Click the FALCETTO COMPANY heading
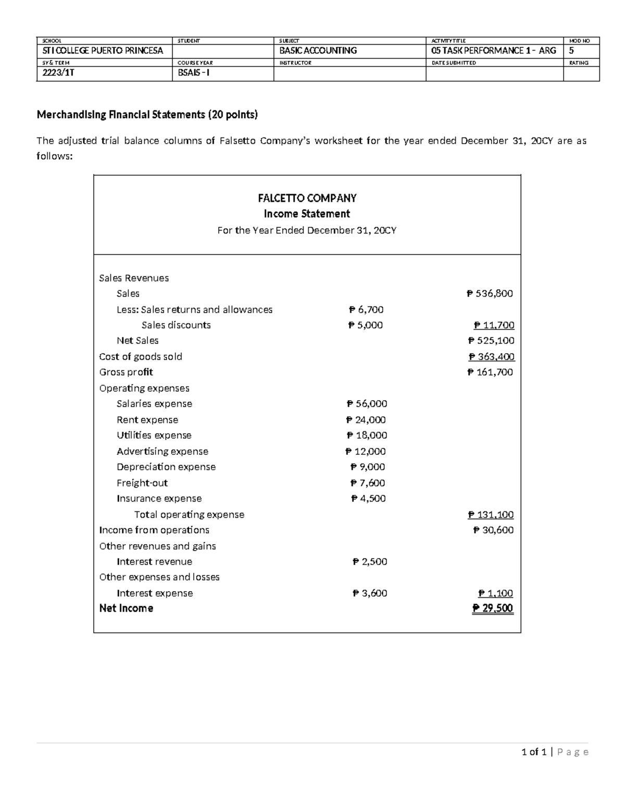click(307, 198)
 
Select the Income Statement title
click(307, 214)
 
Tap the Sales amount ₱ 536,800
click(490, 293)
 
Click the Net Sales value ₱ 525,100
click(491, 341)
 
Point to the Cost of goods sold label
click(141, 356)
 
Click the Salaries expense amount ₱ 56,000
click(367, 404)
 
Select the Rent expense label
click(147, 420)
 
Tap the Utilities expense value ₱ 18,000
click(367, 435)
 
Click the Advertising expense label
click(162, 452)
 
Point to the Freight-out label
click(142, 483)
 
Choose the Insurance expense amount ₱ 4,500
click(368, 498)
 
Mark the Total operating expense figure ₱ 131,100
click(491, 515)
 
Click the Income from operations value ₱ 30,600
click(493, 530)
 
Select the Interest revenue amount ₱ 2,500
click(369, 562)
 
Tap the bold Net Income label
click(126, 608)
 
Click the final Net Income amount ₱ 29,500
click(492, 608)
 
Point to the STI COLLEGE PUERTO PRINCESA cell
click(103, 51)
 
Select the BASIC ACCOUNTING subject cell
click(318, 51)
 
